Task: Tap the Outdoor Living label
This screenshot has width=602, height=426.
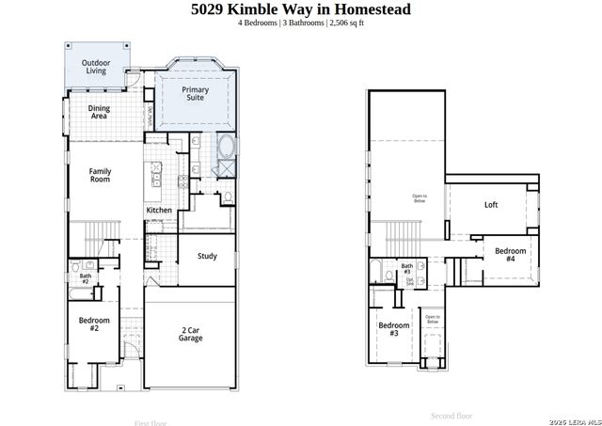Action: pos(94,67)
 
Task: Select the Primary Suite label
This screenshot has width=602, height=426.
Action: pos(195,93)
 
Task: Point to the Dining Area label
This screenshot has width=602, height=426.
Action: pos(99,113)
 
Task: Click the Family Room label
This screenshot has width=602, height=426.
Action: pos(101,175)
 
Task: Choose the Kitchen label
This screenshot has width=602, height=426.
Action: pos(159,210)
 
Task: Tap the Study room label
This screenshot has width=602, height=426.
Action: pos(207,256)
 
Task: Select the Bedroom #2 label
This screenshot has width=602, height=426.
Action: pos(94,324)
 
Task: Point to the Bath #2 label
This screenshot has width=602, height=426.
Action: pos(85,278)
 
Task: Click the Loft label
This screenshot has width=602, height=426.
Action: pos(490,205)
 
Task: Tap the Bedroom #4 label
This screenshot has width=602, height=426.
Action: pos(510,254)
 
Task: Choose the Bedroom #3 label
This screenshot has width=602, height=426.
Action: pos(393,329)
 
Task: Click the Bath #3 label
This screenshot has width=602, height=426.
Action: pos(407,269)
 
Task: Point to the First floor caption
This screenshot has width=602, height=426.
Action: pos(150,422)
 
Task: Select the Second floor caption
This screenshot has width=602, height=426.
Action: pos(451,415)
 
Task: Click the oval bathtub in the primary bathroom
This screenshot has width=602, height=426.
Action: pos(227,149)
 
